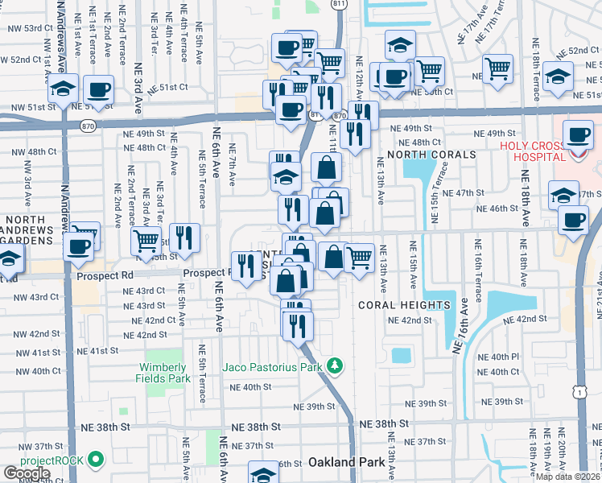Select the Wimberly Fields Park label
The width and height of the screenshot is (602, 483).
[x=167, y=373]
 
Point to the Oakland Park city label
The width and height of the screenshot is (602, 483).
[x=344, y=463]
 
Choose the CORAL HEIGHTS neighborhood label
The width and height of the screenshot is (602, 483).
[x=403, y=305]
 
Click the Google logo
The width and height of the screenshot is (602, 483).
[x=27, y=473]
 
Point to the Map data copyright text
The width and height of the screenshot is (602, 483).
[x=567, y=477]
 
